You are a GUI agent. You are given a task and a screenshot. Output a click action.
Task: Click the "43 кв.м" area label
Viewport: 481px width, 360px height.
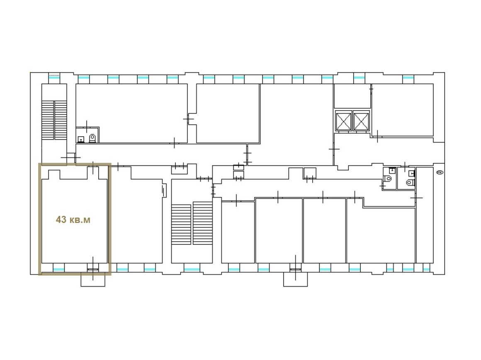pyautogui.click(x=73, y=220)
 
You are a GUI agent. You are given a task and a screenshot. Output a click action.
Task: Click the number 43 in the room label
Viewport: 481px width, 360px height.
pyautogui.click(x=61, y=220)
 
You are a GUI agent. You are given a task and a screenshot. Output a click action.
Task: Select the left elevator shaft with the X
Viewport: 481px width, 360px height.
pyautogui.click(x=344, y=122)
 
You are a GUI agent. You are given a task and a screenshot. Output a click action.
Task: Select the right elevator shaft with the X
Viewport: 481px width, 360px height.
pyautogui.click(x=361, y=122)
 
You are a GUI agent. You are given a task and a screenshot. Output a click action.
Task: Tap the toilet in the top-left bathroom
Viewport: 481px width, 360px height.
pyautogui.click(x=92, y=138)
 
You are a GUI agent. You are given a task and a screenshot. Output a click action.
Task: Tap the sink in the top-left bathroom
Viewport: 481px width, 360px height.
pyautogui.click(x=81, y=140)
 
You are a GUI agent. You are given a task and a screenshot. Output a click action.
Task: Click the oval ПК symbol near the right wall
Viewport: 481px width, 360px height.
pyautogui.click(x=440, y=173)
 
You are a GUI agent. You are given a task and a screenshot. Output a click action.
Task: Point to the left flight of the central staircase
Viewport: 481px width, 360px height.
pyautogui.click(x=181, y=225)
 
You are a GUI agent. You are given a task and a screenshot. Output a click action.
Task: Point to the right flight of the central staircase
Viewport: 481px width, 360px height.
pyautogui.click(x=203, y=223)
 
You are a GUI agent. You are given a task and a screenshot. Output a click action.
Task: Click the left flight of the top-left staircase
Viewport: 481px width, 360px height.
pyautogui.click(x=48, y=120)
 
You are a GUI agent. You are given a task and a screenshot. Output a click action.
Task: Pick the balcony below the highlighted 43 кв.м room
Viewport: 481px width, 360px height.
pyautogui.click(x=93, y=280)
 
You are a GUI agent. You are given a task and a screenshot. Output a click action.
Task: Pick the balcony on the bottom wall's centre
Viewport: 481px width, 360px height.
pyautogui.click(x=295, y=280)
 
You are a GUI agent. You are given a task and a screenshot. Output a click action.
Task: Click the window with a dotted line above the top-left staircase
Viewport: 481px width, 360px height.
pyautogui.click(x=55, y=77)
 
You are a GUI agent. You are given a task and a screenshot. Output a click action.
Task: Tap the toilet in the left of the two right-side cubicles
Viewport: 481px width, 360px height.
pyautogui.click(x=389, y=178)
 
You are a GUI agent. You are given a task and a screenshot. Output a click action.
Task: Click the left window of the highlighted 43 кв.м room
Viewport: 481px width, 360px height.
pyautogui.click(x=58, y=269)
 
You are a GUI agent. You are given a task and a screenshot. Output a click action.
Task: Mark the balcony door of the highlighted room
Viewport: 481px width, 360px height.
pyautogui.click(x=93, y=269)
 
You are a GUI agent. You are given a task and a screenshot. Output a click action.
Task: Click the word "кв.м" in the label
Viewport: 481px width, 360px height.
pyautogui.click(x=80, y=220)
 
